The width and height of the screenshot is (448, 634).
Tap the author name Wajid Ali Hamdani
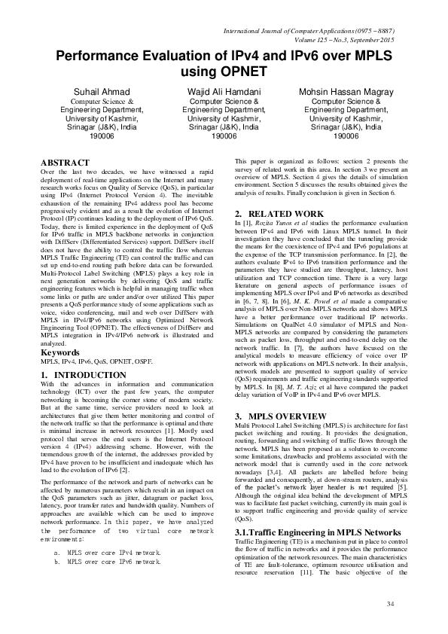(224, 91)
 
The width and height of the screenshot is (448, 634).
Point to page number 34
(389, 605)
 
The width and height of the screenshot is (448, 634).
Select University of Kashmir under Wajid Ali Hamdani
(224, 118)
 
